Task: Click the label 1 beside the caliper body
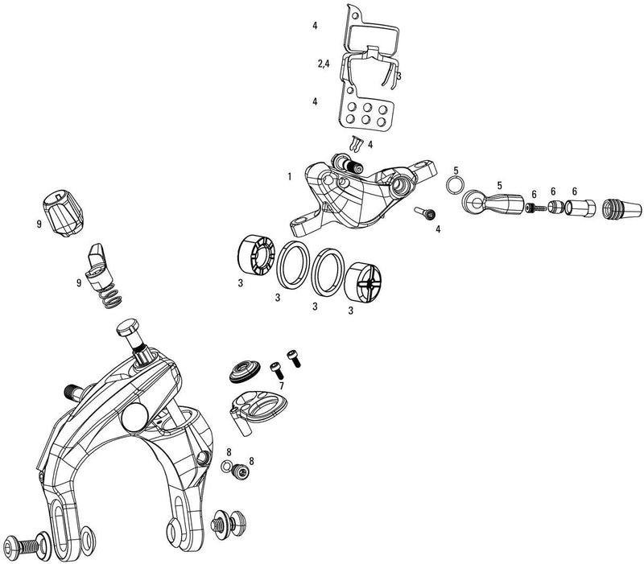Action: click(287, 176)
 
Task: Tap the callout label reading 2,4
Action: click(323, 64)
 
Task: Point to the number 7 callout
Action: click(281, 387)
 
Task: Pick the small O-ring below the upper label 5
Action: click(455, 187)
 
